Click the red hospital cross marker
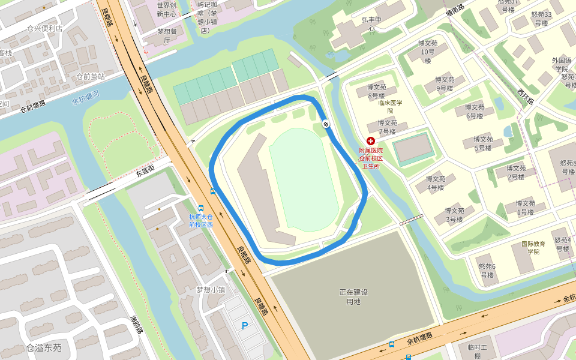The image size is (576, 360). point(370,140)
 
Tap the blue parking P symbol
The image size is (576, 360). point(244,326)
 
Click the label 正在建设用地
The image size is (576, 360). point(353,296)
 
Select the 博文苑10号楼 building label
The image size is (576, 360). point(427,52)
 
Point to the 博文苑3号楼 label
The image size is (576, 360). point(454,215)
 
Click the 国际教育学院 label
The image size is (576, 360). point(533,248)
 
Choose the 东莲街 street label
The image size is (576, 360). point(145,172)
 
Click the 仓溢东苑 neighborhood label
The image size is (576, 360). point(44,347)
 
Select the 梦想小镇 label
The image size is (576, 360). point(211,289)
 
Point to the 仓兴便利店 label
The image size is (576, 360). point(44,28)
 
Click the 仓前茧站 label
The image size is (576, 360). point(90,76)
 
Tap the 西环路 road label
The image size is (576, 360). point(526,97)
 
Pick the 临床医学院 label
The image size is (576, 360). point(390,106)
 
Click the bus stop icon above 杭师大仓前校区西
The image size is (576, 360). point(213,191)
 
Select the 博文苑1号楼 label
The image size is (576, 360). point(525,207)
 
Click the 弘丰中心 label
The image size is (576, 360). point(372,23)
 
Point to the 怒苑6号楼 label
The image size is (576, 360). point(487,271)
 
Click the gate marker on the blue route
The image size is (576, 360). point(326,124)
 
